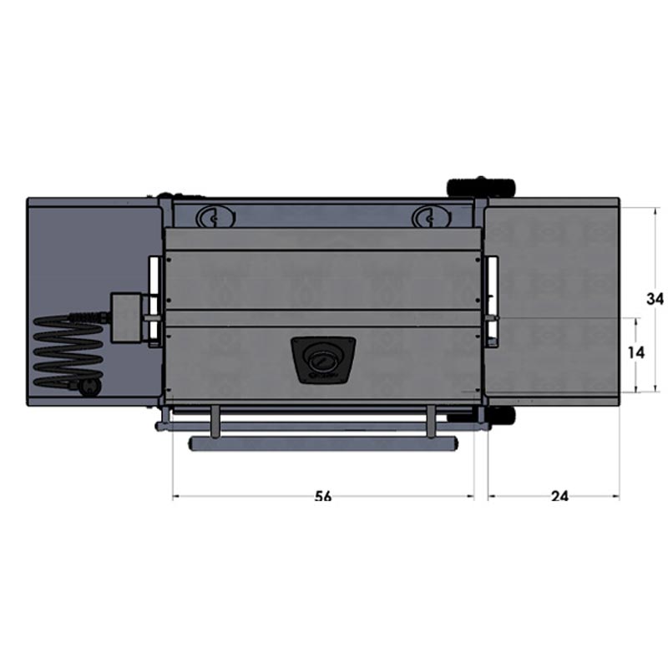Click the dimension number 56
point(323,496)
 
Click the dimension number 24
point(559,496)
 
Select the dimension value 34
point(655,299)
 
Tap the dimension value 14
point(636,352)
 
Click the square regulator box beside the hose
point(126,317)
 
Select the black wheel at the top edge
point(481,187)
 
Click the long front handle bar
point(323,443)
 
